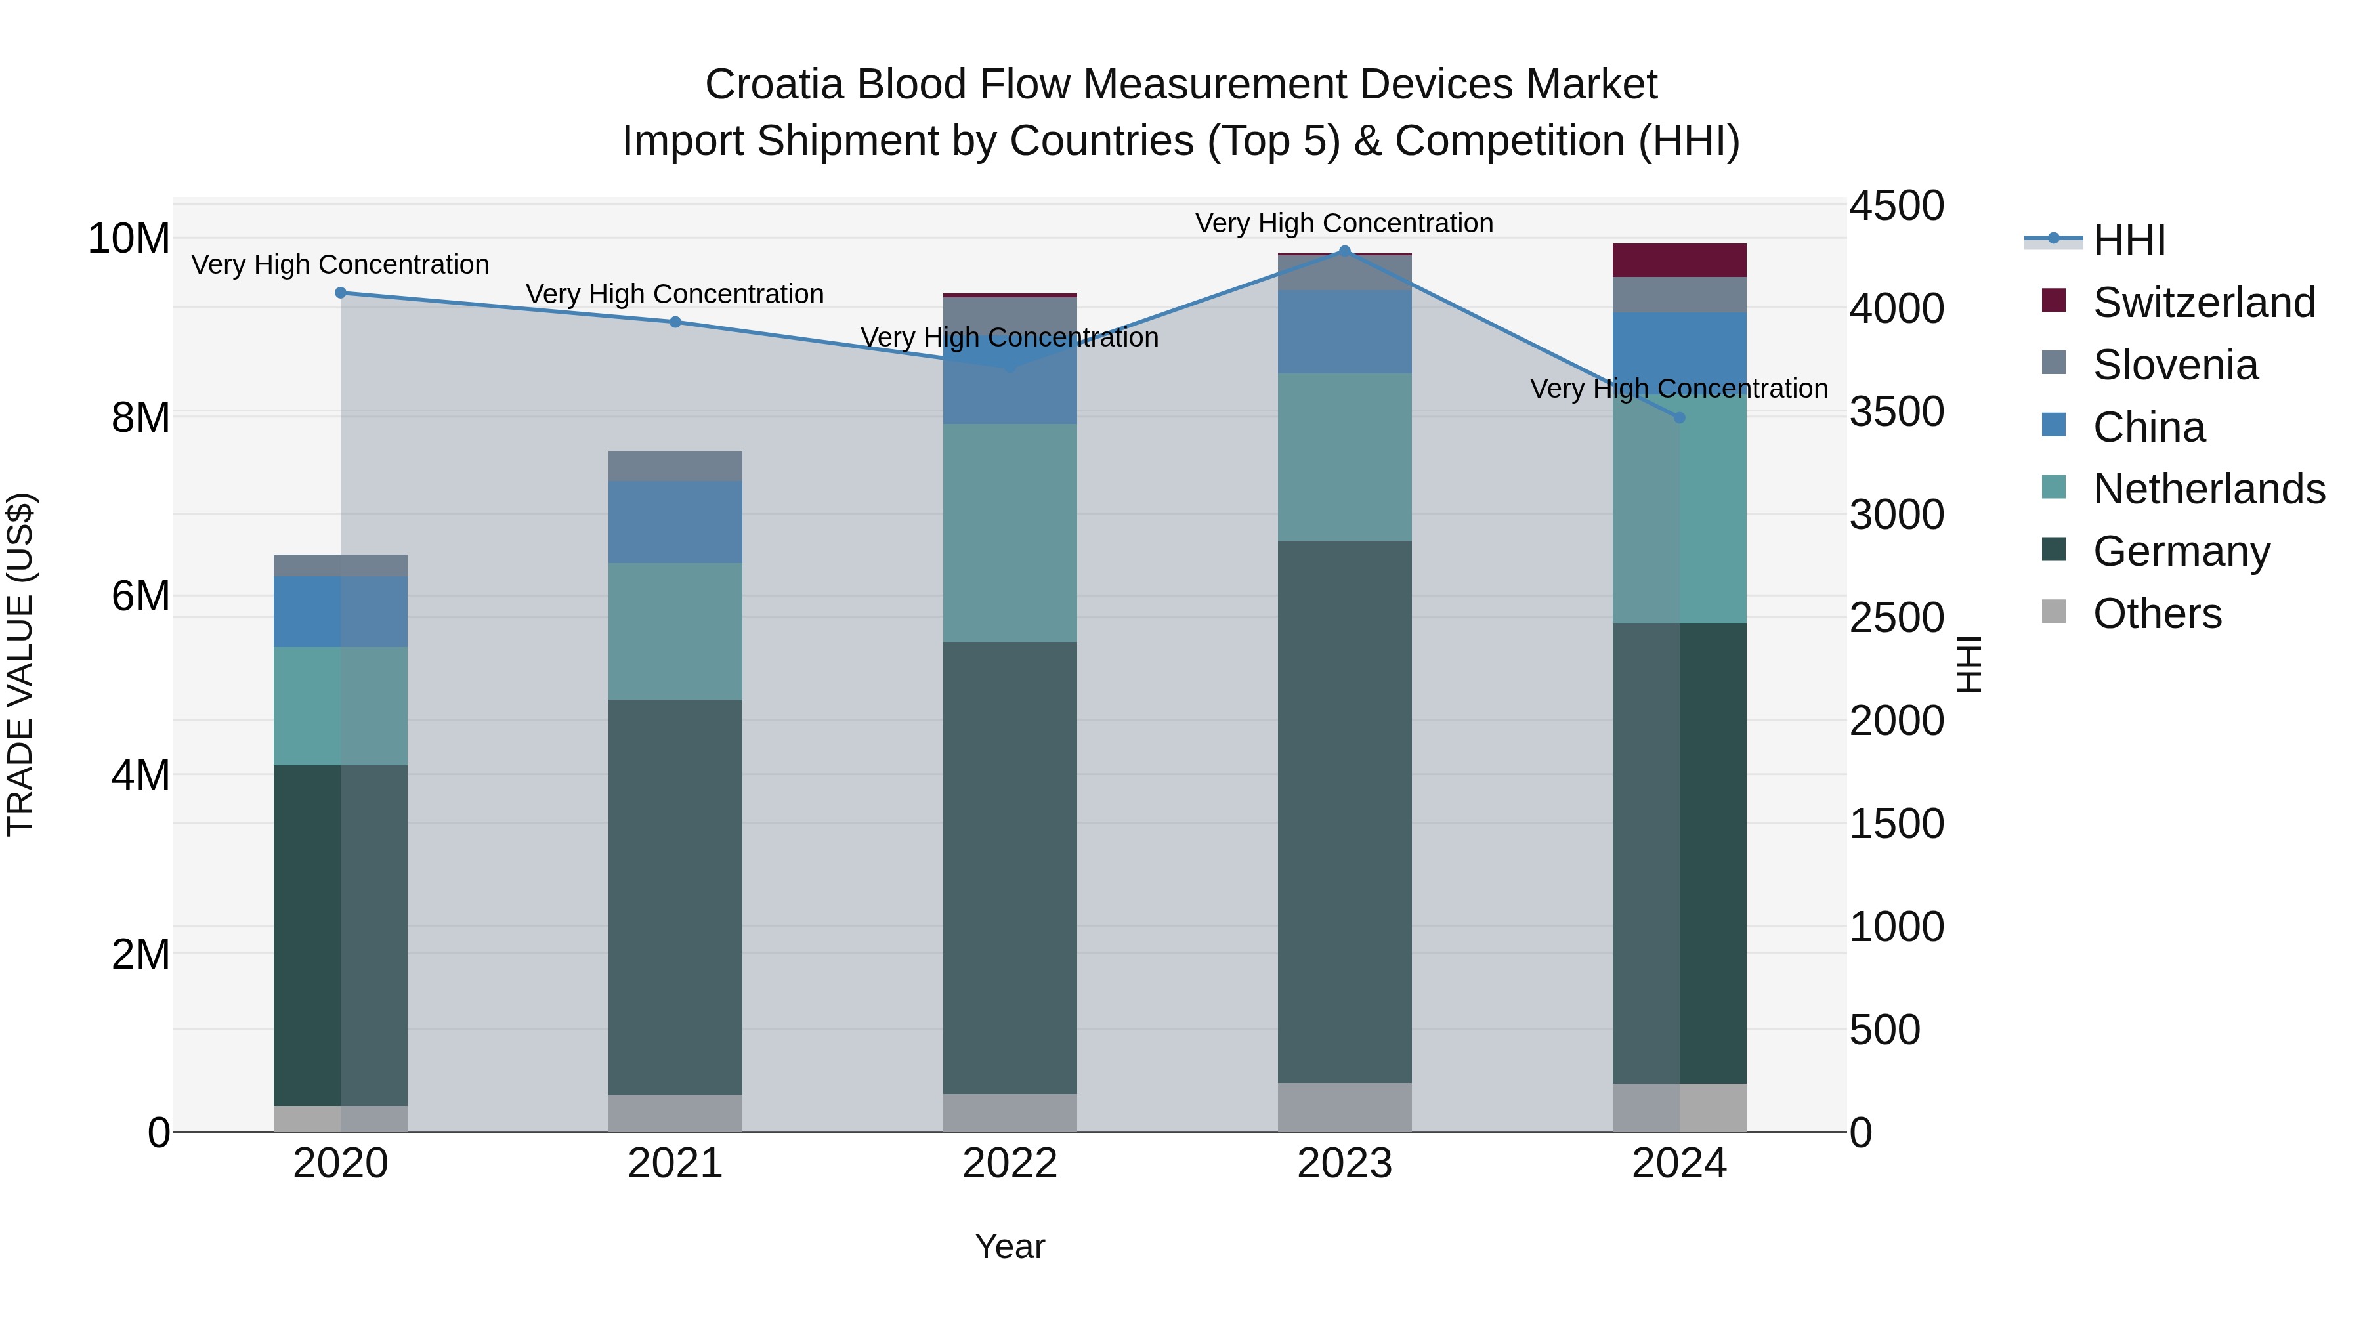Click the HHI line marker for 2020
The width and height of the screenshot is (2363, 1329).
[x=340, y=293]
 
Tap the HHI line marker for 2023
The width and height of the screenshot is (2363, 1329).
[x=1345, y=251]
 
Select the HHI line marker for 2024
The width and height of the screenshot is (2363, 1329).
[x=1680, y=417]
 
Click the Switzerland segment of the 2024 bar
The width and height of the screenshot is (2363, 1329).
[x=1680, y=261]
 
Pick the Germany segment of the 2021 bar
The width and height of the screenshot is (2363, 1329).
[x=675, y=897]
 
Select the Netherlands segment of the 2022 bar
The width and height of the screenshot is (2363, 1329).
[x=1010, y=533]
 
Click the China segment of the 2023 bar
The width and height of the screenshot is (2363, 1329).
[x=1345, y=332]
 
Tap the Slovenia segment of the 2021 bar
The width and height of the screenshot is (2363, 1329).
[x=675, y=466]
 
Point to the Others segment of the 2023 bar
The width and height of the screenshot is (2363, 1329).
[x=1345, y=1107]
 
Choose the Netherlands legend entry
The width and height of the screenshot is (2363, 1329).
[x=2208, y=489]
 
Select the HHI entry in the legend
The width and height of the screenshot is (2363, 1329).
[x=2128, y=240]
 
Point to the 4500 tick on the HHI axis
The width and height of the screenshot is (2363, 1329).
[x=1895, y=205]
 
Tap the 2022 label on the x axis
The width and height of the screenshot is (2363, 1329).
[x=1010, y=1164]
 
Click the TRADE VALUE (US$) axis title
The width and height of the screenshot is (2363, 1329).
[x=20, y=664]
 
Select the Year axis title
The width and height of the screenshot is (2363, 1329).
[x=1010, y=1246]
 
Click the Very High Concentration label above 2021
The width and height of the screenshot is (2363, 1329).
[x=675, y=295]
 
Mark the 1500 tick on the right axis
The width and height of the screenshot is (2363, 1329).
[x=1895, y=824]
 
